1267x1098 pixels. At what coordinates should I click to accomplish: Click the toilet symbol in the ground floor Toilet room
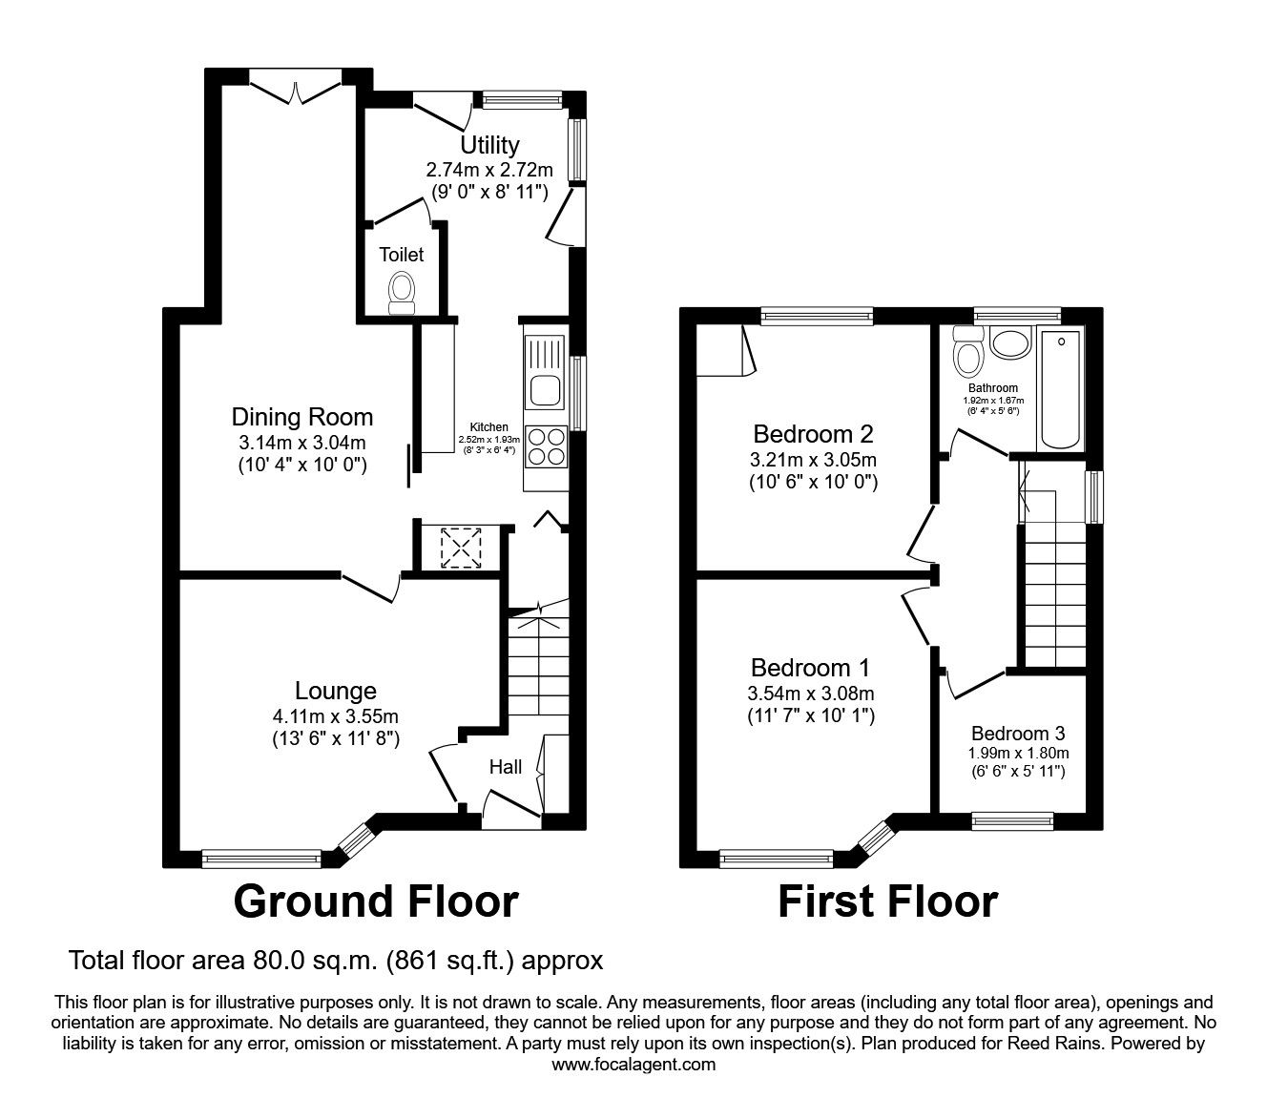(402, 290)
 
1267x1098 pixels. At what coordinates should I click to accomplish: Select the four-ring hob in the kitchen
(545, 445)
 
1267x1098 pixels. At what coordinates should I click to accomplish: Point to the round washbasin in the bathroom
(1008, 342)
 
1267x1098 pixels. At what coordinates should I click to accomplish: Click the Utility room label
(489, 145)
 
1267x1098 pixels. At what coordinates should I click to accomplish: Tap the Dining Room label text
(301, 417)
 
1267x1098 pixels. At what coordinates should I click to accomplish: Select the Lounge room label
(335, 691)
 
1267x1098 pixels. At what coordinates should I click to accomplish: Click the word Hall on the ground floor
(506, 767)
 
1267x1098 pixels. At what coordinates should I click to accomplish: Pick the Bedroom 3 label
(1018, 734)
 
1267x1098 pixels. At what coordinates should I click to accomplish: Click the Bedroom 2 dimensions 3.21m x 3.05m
(813, 460)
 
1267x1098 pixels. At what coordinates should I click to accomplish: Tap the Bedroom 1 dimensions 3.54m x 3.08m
(811, 694)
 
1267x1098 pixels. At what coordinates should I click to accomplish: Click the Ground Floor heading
(376, 901)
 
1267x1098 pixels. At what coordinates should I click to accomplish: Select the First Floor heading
(887, 901)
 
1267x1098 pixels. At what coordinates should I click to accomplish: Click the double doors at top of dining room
(297, 88)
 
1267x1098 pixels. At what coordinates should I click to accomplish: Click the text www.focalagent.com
(633, 1065)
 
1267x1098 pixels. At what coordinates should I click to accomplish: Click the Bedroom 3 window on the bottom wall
(1012, 818)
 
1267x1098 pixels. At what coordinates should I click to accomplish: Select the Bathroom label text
(992, 388)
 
